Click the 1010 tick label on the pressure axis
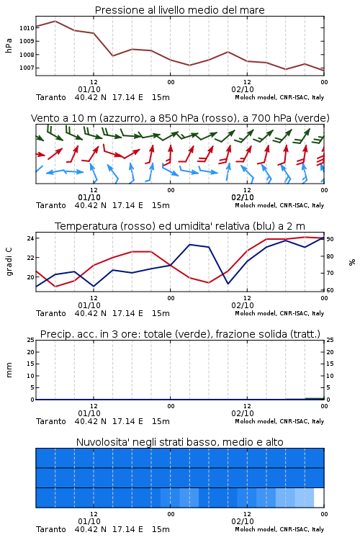coord(27,28)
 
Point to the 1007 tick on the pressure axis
coord(27,68)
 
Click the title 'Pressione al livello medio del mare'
coord(180,10)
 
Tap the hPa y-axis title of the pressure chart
coord(9,45)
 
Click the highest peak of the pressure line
coord(55,21)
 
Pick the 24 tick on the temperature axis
coord(30,238)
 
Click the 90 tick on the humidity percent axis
coord(330,239)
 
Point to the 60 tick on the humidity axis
coord(330,290)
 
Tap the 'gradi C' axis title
coord(9,262)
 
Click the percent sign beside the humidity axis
coord(352,262)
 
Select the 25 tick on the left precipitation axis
coord(31,340)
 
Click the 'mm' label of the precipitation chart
coord(9,370)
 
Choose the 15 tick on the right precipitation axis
coord(330,364)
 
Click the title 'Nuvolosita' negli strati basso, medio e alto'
coord(180,442)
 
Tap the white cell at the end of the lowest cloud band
coord(319,498)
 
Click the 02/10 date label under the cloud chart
coord(243,521)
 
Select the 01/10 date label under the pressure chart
coord(89,89)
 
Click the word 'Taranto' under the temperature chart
coord(51,313)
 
